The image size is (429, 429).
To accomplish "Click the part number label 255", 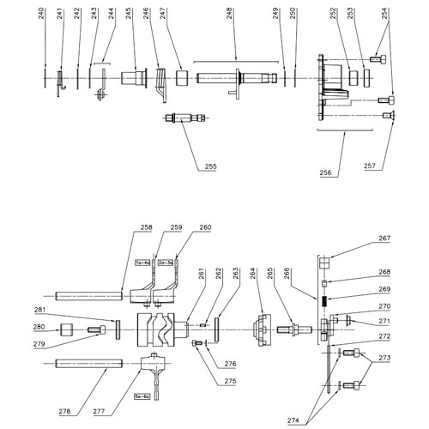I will click(x=210, y=166).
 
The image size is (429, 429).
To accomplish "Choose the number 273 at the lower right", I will click(x=383, y=357).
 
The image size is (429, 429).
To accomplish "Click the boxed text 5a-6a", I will click(x=142, y=396).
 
